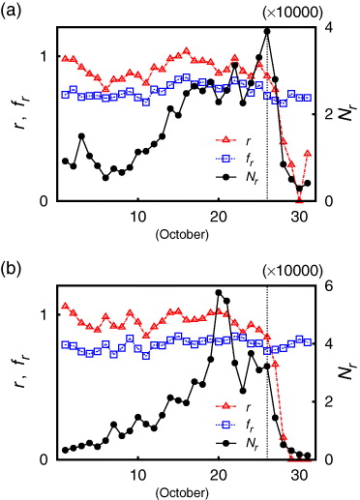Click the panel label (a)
point(14,12)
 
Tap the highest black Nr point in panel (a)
point(267,31)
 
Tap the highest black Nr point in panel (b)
point(219,292)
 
